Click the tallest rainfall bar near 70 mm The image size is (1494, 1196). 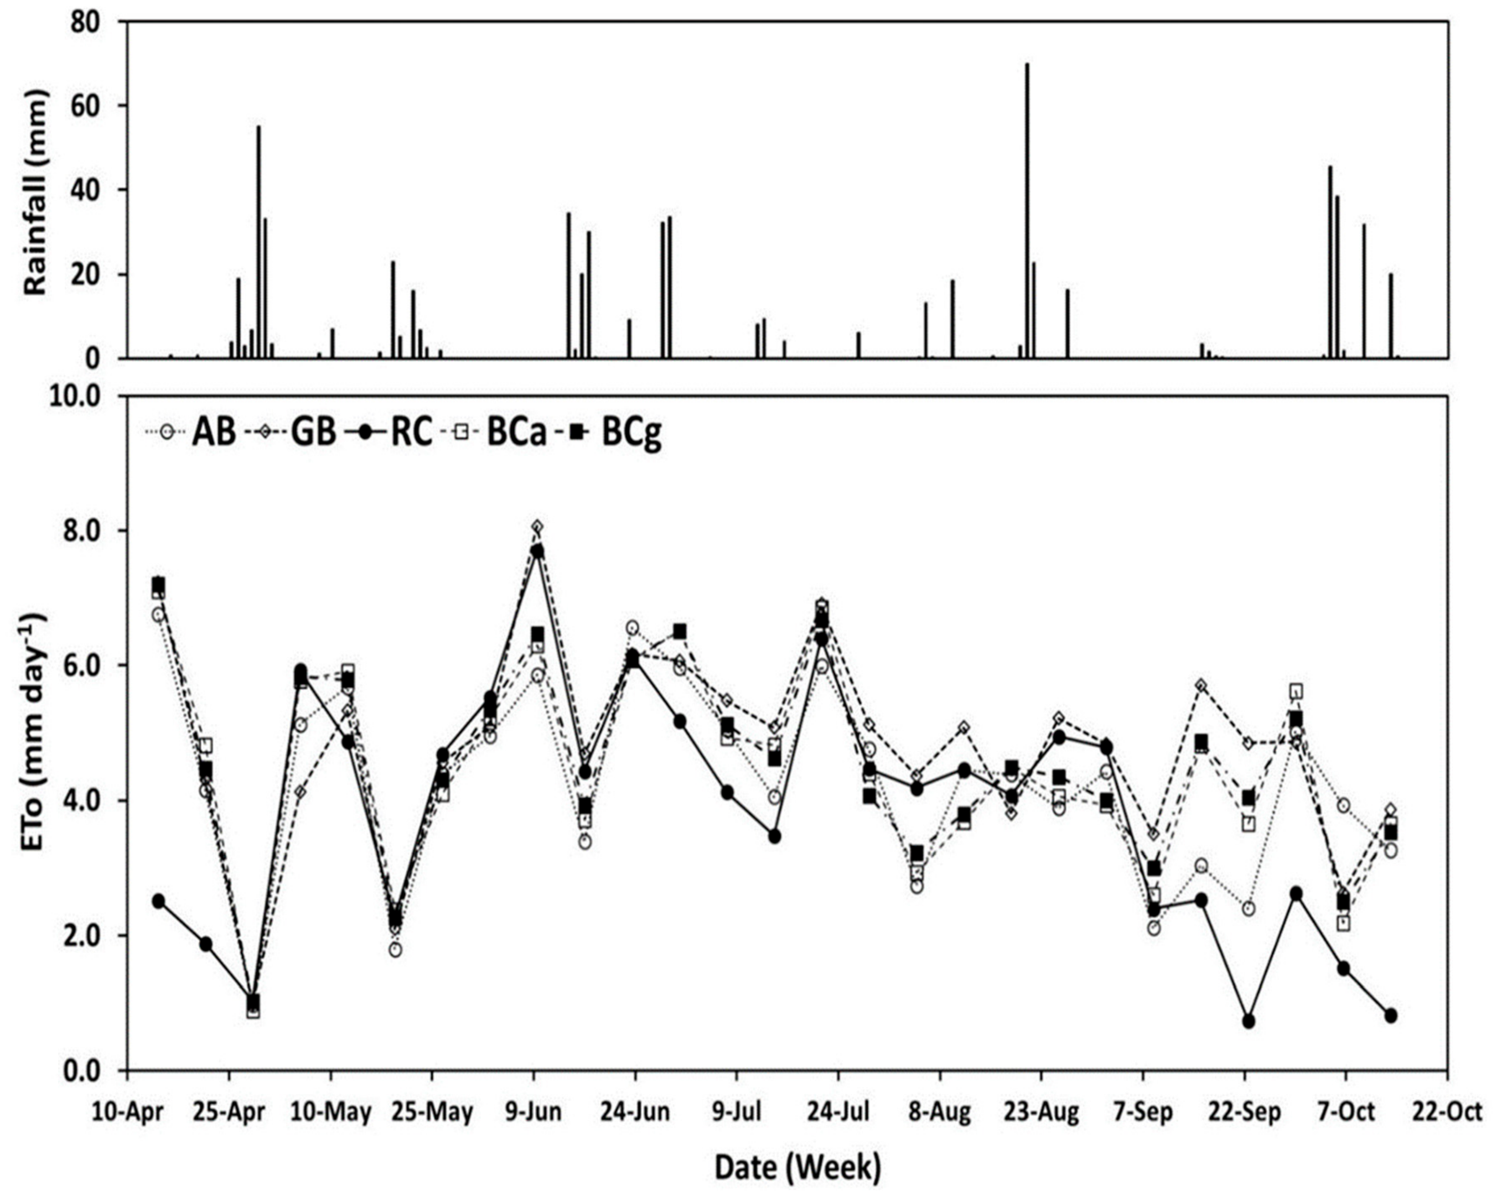(x=1027, y=211)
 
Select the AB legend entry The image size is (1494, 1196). (x=191, y=433)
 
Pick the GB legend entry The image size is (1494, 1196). (x=290, y=433)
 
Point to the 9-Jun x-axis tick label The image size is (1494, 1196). (x=533, y=1113)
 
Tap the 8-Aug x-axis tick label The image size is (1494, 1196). (x=940, y=1113)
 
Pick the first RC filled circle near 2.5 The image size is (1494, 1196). (x=159, y=901)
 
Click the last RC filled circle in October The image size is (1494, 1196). (x=1390, y=1016)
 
